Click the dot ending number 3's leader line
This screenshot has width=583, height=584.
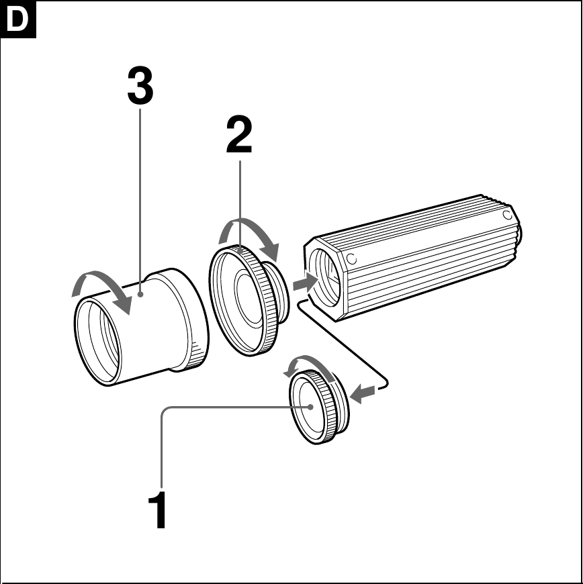(140, 293)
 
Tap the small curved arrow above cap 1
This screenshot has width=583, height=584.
(309, 365)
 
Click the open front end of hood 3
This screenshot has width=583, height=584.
(98, 342)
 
